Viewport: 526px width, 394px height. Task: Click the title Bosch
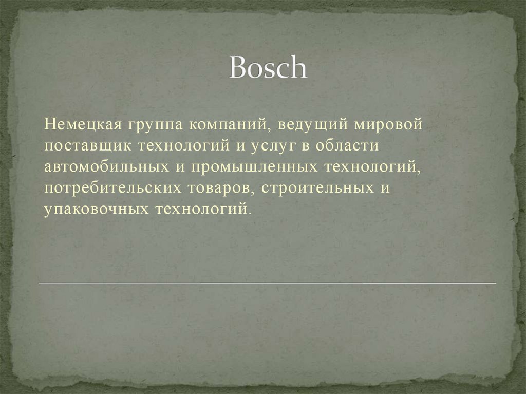pos(268,67)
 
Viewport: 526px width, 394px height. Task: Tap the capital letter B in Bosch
pos(237,67)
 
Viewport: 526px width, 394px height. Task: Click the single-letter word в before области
pos(306,146)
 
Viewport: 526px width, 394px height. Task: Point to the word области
pos(347,146)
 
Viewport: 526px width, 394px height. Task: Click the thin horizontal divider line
pos(267,283)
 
